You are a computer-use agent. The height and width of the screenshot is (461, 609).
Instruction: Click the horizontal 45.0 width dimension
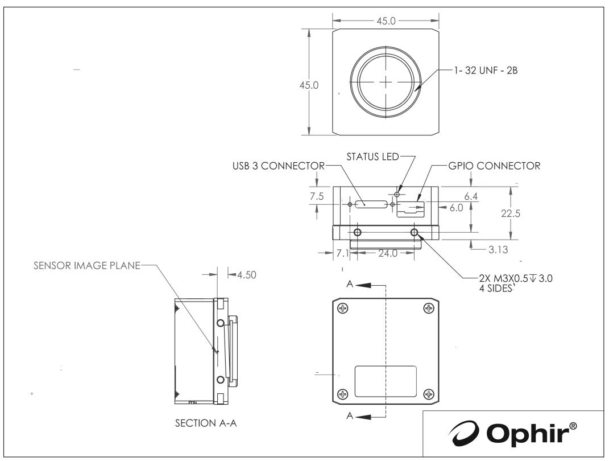point(386,20)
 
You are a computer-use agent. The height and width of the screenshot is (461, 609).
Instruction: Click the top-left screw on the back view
point(342,308)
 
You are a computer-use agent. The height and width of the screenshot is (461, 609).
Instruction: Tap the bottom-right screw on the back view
point(428,393)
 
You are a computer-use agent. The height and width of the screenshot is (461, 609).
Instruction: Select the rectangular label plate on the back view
point(386,382)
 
